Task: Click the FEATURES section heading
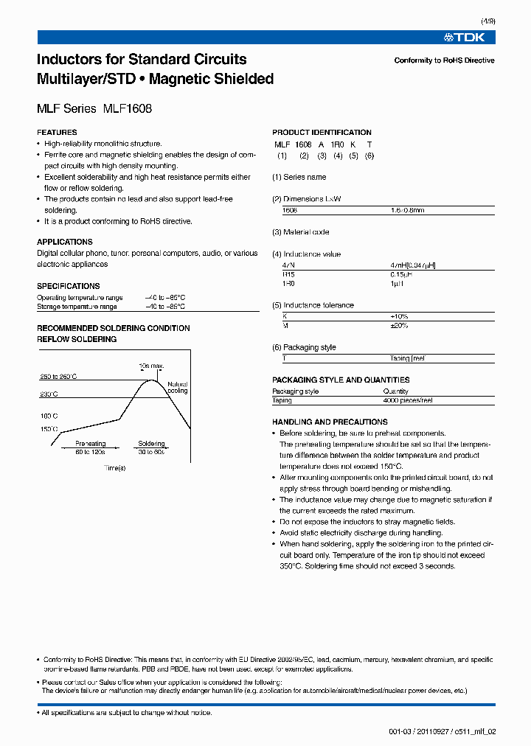[x=57, y=133]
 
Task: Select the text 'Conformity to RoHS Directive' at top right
[x=444, y=60]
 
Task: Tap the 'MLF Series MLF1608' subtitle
[x=94, y=108]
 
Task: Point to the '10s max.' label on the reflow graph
[x=150, y=366]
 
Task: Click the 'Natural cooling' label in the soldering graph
[x=178, y=387]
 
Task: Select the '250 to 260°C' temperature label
[x=58, y=377]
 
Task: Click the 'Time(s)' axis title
[x=114, y=467]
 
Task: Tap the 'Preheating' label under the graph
[x=91, y=444]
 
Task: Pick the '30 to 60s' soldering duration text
[x=151, y=451]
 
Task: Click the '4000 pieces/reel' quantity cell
[x=408, y=400]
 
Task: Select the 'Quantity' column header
[x=395, y=391]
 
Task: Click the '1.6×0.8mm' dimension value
[x=407, y=210]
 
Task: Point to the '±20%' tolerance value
[x=399, y=325]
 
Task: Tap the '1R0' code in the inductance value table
[x=289, y=283]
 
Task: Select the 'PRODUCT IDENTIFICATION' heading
[x=322, y=133]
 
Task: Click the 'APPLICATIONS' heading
[x=65, y=242]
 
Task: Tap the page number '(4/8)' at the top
[x=486, y=23]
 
